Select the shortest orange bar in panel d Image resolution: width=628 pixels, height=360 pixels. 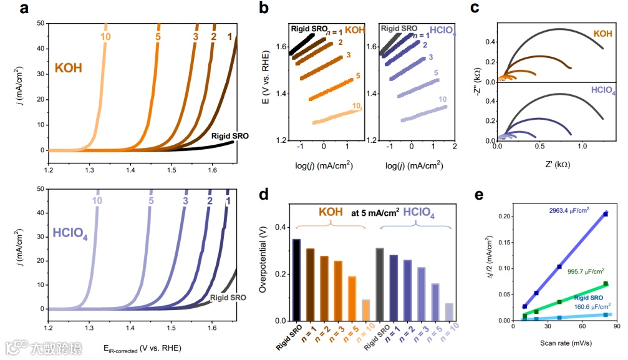pos(365,310)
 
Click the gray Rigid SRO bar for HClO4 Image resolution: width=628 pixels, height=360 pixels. pos(379,284)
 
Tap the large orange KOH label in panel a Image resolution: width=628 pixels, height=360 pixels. pos(69,67)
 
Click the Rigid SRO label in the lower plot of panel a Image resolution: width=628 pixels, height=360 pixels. pos(228,298)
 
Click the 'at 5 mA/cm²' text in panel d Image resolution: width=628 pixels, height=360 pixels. pos(375,212)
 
